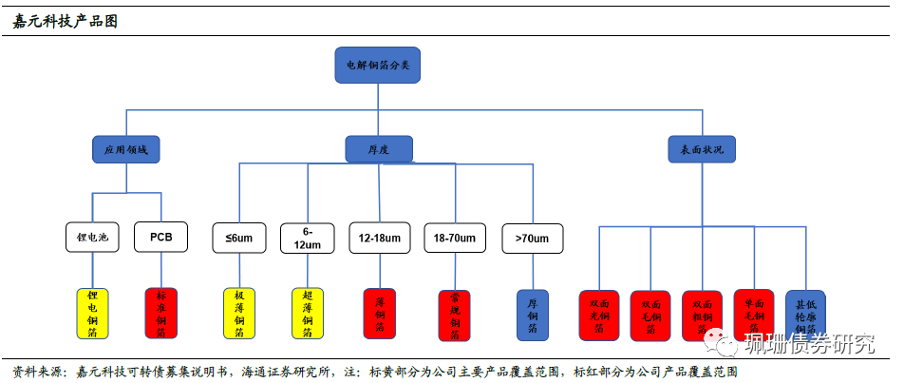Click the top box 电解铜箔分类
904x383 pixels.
click(x=377, y=65)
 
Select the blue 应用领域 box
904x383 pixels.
click(x=126, y=148)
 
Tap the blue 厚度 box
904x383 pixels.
click(x=378, y=148)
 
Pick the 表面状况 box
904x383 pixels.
click(x=702, y=148)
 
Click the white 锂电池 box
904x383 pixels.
click(x=92, y=238)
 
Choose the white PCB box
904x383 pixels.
click(x=160, y=238)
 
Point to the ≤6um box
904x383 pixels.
click(x=239, y=238)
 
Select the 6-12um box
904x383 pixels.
click(x=308, y=238)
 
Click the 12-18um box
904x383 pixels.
click(x=379, y=238)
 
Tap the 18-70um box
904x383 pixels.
click(x=454, y=238)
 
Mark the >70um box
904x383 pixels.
click(x=532, y=238)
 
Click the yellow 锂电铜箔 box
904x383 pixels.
click(x=92, y=315)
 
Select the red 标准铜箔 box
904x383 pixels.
click(x=160, y=315)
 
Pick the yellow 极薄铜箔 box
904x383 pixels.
click(x=239, y=315)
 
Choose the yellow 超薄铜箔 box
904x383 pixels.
click(x=308, y=315)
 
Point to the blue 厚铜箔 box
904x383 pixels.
click(x=532, y=315)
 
